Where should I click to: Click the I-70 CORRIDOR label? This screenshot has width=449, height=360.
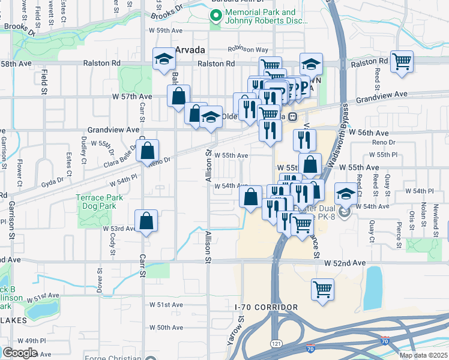point(266,307)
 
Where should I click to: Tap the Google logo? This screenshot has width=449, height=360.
point(20,353)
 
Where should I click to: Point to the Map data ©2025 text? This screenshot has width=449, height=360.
point(423,355)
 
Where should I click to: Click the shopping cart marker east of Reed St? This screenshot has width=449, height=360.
point(402,61)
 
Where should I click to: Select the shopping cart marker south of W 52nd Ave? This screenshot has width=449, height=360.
point(322,289)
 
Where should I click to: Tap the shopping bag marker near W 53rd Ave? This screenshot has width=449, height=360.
point(146,221)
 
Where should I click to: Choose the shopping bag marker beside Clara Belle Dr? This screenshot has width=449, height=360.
point(148,151)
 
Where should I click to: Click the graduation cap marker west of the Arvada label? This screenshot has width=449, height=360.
point(163,59)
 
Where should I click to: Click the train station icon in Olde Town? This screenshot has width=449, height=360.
point(292,116)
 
